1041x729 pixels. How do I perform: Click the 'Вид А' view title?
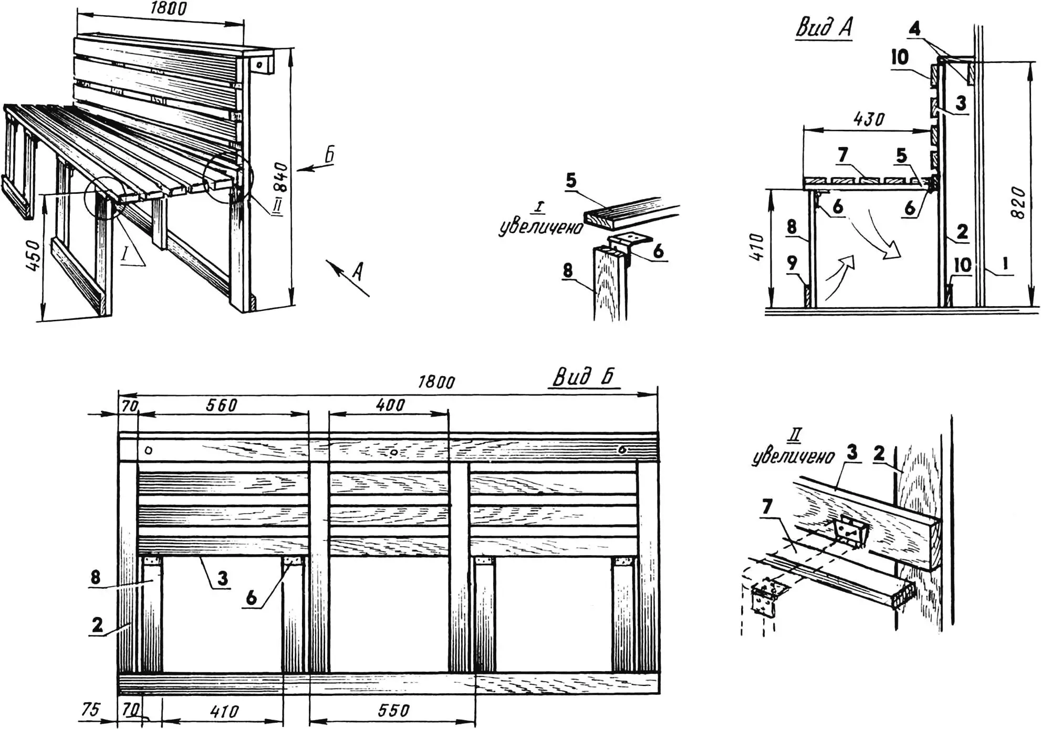pos(824,27)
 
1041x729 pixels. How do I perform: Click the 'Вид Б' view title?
pos(583,377)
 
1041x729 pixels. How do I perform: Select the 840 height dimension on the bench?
pos(282,177)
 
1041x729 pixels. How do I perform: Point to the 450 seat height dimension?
pos(33,256)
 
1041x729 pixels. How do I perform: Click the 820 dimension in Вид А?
pos(1017,202)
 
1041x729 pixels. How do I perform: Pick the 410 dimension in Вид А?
pos(758,247)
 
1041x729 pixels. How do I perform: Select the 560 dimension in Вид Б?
pos(222,405)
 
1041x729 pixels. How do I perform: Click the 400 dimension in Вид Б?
pos(390,404)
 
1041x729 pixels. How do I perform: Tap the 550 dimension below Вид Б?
pos(393,711)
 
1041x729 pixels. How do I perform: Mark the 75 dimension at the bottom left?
pos(90,709)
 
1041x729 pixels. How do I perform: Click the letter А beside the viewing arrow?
pos(358,271)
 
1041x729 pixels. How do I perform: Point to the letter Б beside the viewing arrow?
pos(329,155)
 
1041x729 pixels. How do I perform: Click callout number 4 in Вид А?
pos(914,29)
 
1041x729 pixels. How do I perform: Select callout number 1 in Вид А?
pos(1005,264)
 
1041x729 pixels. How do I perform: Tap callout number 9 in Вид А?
pos(792,263)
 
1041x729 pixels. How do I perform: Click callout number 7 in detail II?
pos(767,506)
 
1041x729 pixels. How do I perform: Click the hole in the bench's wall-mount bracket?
pos(259,65)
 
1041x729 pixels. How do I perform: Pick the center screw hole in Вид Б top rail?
pos(393,452)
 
